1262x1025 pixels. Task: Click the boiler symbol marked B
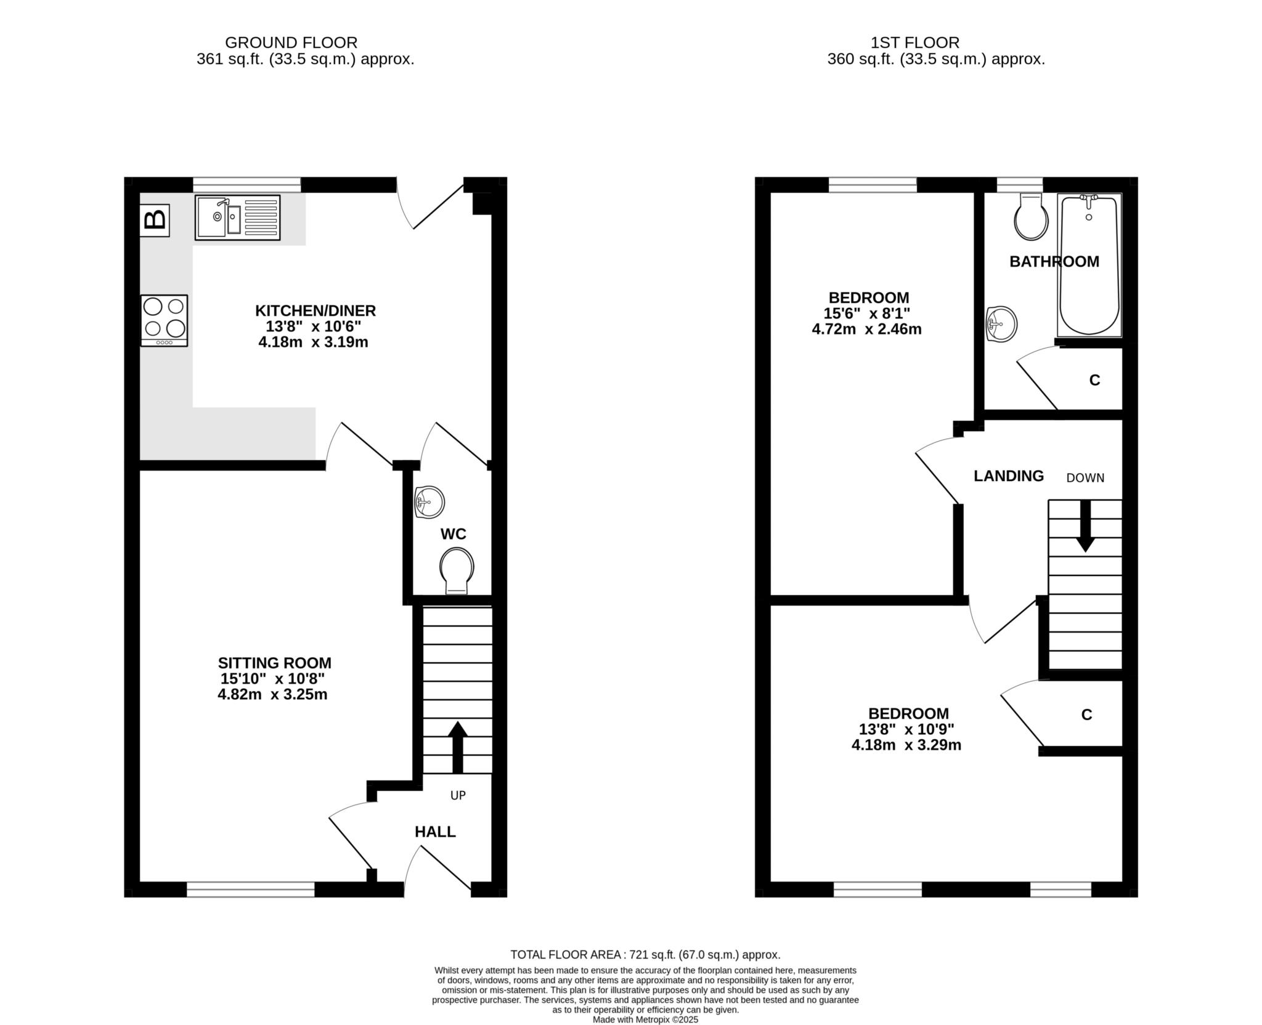point(155,219)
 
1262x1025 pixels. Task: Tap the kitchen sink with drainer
point(237,217)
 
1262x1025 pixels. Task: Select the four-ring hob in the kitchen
point(164,320)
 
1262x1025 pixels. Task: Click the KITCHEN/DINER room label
point(315,310)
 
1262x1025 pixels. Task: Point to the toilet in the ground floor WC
point(457,569)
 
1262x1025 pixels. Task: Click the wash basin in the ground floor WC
point(429,501)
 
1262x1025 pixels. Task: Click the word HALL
point(435,832)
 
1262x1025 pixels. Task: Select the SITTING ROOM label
point(274,663)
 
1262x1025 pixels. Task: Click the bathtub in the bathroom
point(1089,265)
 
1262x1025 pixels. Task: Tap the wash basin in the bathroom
point(1001,323)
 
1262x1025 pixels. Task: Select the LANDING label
point(1008,476)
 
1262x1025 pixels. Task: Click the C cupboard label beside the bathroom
point(1094,380)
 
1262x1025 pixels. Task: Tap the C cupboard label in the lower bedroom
point(1086,715)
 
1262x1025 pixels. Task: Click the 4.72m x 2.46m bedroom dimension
point(866,329)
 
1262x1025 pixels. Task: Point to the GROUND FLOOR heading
point(291,43)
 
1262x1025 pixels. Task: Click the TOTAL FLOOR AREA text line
point(645,955)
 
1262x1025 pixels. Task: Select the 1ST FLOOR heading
point(914,43)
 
